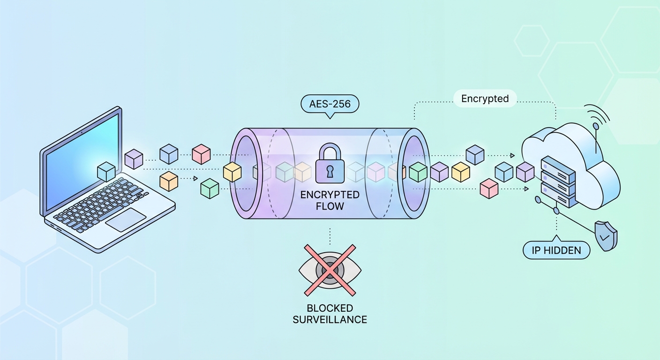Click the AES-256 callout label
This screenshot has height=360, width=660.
330,104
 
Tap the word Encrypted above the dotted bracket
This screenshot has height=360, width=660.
485,99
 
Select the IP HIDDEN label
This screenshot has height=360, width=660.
556,250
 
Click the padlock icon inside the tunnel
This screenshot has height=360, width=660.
330,164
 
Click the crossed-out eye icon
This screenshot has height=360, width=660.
330,270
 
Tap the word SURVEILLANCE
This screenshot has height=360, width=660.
330,320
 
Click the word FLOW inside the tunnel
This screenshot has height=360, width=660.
330,206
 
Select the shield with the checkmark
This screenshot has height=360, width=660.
605,236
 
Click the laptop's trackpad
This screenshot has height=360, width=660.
126,220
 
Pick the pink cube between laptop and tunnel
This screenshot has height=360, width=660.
201,154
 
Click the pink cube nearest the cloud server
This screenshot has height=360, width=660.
489,188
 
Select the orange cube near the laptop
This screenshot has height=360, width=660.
169,181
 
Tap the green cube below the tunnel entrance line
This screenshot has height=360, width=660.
210,188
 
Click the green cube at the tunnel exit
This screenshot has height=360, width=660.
418,172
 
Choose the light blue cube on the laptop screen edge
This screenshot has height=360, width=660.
106,172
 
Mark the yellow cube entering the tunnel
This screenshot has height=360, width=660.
232,172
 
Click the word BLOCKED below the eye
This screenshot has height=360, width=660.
330,308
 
